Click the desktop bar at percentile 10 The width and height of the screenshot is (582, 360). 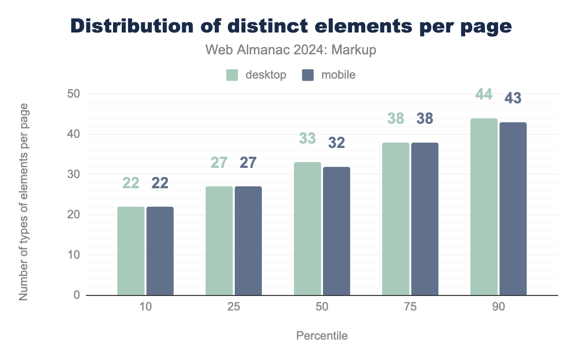click(131, 251)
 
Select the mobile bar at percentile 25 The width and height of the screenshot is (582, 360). click(248, 241)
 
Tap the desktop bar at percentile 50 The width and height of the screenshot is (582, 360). click(307, 229)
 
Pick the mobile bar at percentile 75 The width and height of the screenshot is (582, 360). click(425, 219)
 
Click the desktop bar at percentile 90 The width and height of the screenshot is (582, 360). click(484, 207)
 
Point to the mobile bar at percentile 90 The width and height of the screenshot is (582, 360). click(513, 209)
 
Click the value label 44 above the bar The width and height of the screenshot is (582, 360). click(484, 94)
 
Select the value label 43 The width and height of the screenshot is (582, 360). click(513, 98)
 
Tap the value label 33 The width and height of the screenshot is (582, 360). click(307, 138)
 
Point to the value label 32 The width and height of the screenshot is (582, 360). click(337, 143)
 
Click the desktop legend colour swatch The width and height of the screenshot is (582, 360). click(232, 75)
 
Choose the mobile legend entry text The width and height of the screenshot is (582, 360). click(339, 75)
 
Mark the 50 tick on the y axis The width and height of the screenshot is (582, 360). click(74, 94)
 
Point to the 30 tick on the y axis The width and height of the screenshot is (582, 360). click(74, 174)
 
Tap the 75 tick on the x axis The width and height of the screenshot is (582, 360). click(410, 307)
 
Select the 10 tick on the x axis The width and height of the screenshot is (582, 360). click(145, 307)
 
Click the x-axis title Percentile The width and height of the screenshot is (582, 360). click(322, 336)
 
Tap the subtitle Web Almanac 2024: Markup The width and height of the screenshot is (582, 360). click(291, 50)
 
